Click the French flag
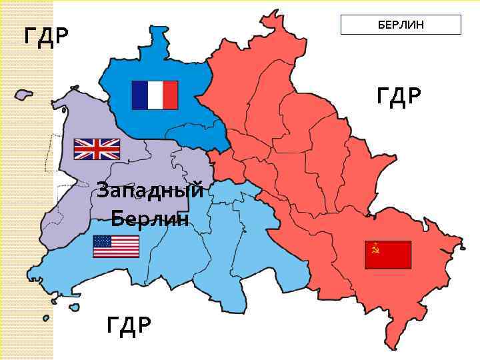155,95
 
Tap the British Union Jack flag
97,149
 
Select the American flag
116,246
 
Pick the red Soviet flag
388,255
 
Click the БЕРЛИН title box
401,25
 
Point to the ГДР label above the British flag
46,35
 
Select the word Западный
149,191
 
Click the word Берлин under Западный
150,218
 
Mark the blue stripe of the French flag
139,95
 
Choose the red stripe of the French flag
171,95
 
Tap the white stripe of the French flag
155,95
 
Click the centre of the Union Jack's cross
97,149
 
